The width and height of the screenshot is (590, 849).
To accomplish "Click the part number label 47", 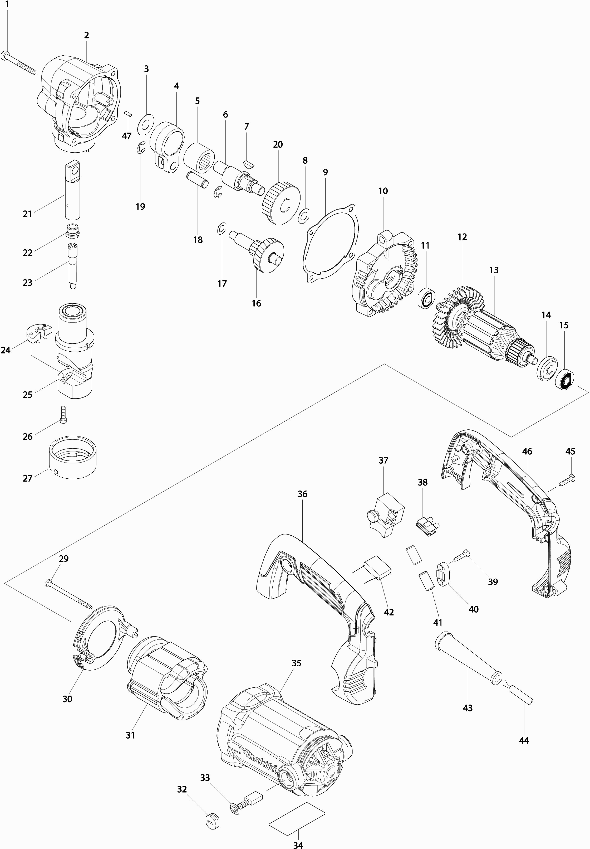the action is click(126, 136).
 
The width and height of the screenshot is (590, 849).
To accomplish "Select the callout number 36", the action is click(302, 494).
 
